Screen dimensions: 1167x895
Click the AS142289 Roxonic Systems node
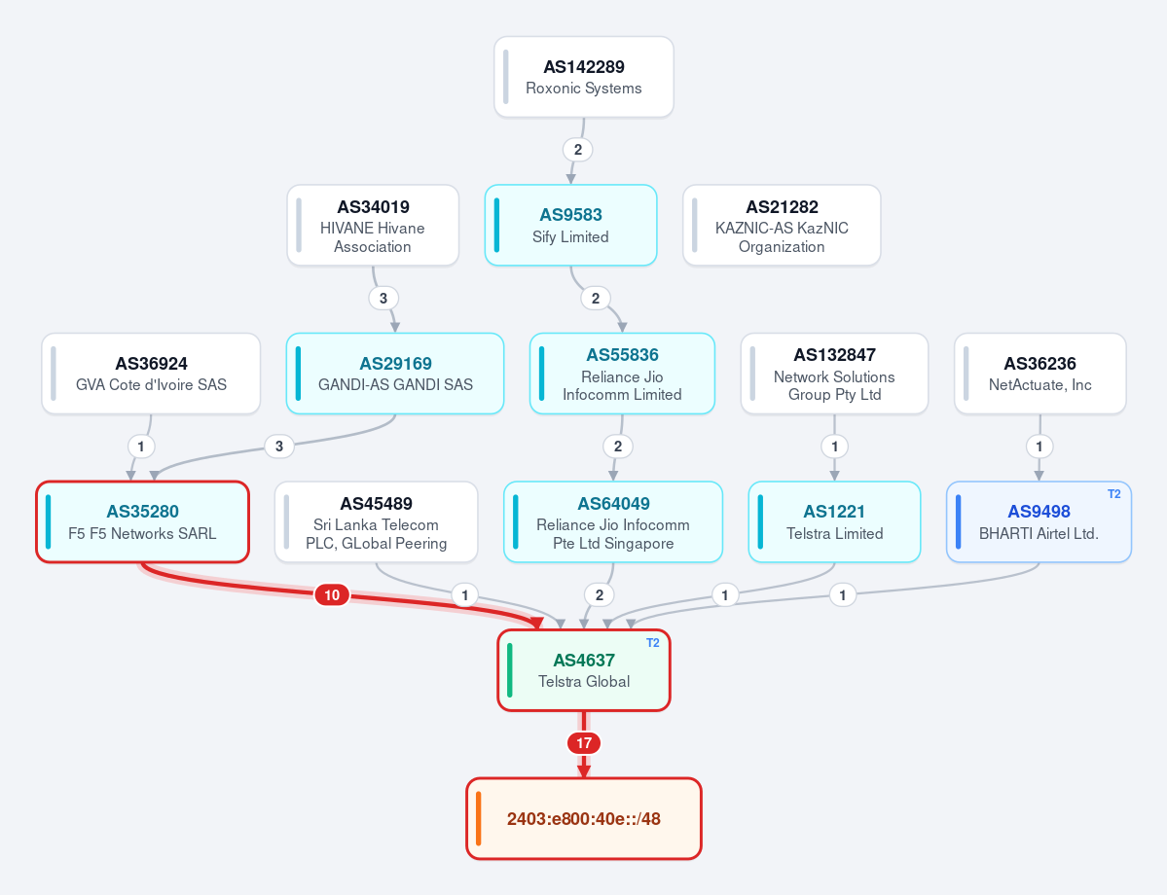click(584, 77)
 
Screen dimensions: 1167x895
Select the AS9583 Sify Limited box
click(571, 226)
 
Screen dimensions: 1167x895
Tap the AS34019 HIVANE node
click(373, 226)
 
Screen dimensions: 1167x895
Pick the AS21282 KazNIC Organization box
click(782, 226)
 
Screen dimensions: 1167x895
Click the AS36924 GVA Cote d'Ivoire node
click(151, 374)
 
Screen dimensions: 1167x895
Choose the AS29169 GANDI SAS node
click(395, 374)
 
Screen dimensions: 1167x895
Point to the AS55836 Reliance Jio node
click(622, 374)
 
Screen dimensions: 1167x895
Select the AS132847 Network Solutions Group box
click(834, 374)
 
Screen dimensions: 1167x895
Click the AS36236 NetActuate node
click(1039, 374)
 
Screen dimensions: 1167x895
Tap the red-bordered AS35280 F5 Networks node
click(142, 521)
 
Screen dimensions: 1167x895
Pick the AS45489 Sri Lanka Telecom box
click(376, 521)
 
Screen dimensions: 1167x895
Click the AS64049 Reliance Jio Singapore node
click(613, 521)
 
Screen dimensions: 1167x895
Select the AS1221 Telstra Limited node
click(834, 521)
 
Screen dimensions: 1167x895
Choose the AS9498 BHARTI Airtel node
click(1039, 521)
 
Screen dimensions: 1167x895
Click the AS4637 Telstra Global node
click(584, 670)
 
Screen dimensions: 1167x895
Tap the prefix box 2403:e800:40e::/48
click(584, 818)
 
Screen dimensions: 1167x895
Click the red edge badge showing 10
click(332, 594)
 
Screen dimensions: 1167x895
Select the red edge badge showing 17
click(584, 742)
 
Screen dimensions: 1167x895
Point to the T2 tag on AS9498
click(1113, 494)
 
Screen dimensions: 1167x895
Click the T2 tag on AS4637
click(653, 643)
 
